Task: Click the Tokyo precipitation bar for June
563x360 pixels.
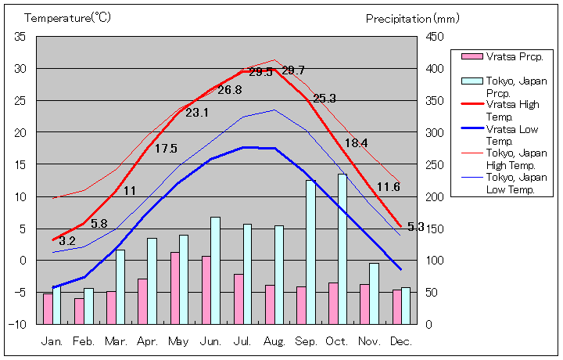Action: [x=215, y=270]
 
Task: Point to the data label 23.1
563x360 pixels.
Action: [x=197, y=113]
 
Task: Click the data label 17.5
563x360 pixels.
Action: [x=166, y=149]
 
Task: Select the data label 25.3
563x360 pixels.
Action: [x=324, y=99]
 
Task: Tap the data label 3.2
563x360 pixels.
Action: [x=67, y=241]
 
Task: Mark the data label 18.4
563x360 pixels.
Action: [x=356, y=143]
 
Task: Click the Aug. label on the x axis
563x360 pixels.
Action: [x=274, y=341]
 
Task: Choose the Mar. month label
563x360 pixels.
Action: [x=116, y=341]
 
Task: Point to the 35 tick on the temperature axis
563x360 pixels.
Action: [x=20, y=37]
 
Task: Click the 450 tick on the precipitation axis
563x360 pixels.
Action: [x=435, y=37]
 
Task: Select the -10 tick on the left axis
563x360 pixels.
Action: [x=18, y=324]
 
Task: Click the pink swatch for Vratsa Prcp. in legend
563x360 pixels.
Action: [x=472, y=57]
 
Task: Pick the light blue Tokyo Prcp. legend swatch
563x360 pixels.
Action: [x=472, y=81]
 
